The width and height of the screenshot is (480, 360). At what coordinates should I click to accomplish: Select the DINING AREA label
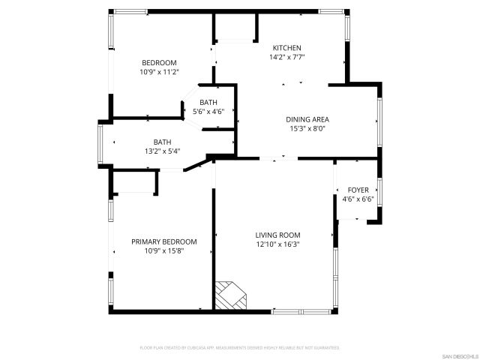(307, 118)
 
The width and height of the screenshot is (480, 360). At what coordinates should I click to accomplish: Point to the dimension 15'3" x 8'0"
(307, 128)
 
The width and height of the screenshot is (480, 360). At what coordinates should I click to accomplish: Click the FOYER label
(358, 190)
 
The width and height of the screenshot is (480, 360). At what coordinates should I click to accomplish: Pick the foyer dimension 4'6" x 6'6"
(358, 199)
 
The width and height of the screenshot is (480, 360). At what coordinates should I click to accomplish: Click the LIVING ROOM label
(277, 234)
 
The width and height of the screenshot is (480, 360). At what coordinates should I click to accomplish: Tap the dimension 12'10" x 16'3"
(277, 244)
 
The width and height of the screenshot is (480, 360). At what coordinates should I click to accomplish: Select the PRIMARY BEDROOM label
(163, 241)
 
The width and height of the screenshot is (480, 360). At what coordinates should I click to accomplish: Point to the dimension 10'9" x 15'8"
(163, 251)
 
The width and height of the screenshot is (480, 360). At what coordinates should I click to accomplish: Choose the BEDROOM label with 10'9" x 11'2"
(159, 62)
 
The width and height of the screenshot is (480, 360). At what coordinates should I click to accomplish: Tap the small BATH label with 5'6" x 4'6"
(208, 102)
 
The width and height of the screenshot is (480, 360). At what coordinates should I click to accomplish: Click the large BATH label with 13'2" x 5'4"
(162, 142)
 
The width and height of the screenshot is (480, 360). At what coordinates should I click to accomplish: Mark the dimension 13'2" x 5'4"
(162, 151)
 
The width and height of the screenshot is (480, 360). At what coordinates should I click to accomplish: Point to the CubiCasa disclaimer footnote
(240, 348)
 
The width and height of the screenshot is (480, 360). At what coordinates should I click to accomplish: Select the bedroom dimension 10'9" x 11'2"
(159, 72)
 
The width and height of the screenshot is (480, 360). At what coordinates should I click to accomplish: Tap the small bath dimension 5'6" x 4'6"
(208, 112)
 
